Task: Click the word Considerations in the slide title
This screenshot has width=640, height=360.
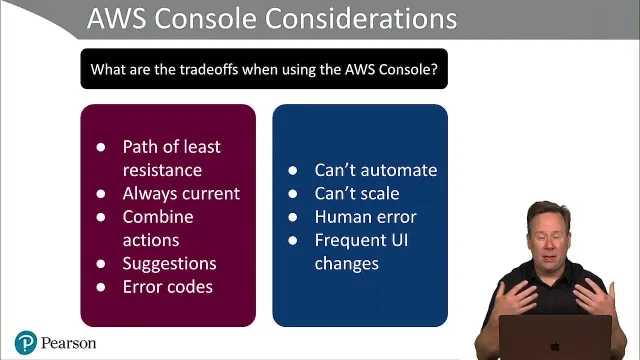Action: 361,18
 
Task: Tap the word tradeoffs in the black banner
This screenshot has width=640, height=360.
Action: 209,69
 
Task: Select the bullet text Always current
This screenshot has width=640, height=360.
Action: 181,193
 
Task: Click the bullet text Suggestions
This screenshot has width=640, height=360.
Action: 169,264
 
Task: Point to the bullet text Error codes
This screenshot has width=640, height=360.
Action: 168,287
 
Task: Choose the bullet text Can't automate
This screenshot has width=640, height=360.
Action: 376,170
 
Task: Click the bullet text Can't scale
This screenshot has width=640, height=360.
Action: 357,193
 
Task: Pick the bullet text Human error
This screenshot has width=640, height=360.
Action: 365,217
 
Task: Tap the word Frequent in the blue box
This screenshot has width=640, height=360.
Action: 351,241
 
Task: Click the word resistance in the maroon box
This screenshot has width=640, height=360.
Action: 162,170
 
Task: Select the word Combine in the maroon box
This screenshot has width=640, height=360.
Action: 158,217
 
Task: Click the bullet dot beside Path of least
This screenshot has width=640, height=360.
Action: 101,147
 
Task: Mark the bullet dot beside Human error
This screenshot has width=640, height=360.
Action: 293,217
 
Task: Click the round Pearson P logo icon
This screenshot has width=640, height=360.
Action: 26,342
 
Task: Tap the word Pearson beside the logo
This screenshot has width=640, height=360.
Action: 69,343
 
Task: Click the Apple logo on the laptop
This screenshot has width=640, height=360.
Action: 555,347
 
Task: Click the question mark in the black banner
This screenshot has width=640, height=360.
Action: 434,69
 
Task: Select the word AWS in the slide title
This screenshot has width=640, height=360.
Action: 116,18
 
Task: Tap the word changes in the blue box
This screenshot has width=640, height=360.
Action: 347,264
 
